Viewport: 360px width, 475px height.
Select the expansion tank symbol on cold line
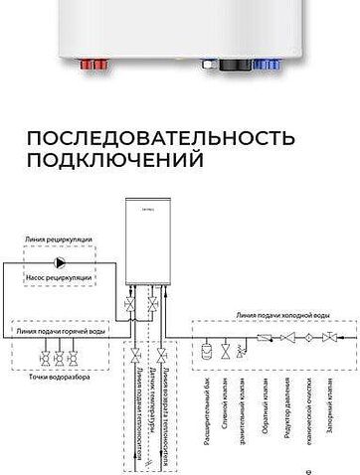[206, 351]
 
